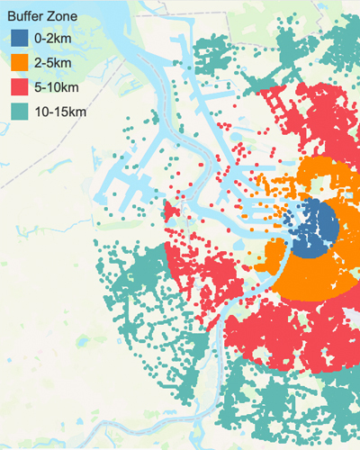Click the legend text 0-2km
(x=53, y=39)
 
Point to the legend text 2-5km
(x=53, y=63)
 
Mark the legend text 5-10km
(x=57, y=87)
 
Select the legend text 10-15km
(x=60, y=112)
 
